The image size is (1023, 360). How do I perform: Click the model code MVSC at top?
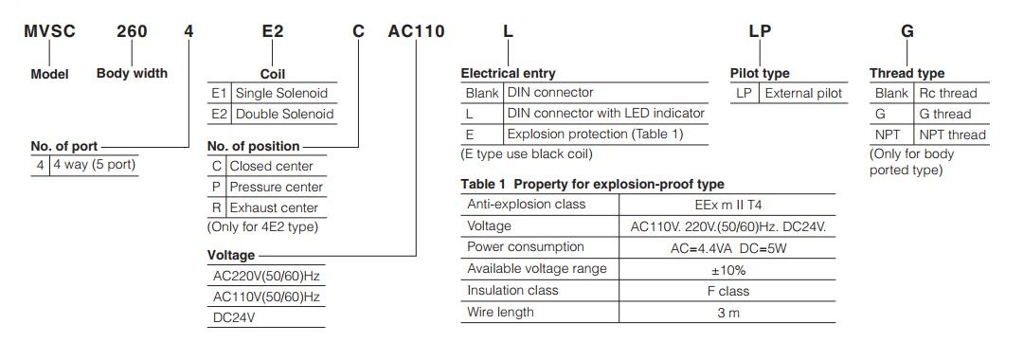pyautogui.click(x=49, y=31)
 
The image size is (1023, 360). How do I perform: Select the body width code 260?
pyautogui.click(x=132, y=31)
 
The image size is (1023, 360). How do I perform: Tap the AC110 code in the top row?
pyautogui.click(x=416, y=31)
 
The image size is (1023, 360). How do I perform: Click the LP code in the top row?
pyautogui.click(x=760, y=31)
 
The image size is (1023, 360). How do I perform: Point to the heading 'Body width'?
pyautogui.click(x=132, y=73)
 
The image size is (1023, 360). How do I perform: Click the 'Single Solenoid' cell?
pyautogui.click(x=281, y=93)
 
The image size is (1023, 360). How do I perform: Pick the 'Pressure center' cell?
pyautogui.click(x=274, y=187)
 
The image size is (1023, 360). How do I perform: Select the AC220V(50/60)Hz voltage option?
pyautogui.click(x=267, y=276)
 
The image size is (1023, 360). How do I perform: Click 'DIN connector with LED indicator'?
pyautogui.click(x=606, y=113)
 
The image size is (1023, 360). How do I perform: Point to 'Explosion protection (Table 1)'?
pyautogui.click(x=595, y=134)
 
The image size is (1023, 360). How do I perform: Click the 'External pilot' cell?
pyautogui.click(x=803, y=93)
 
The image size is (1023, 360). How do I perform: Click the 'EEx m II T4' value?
pyautogui.click(x=727, y=204)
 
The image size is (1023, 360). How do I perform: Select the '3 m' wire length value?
pyautogui.click(x=727, y=313)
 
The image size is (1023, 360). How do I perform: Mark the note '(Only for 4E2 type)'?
pyautogui.click(x=262, y=226)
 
